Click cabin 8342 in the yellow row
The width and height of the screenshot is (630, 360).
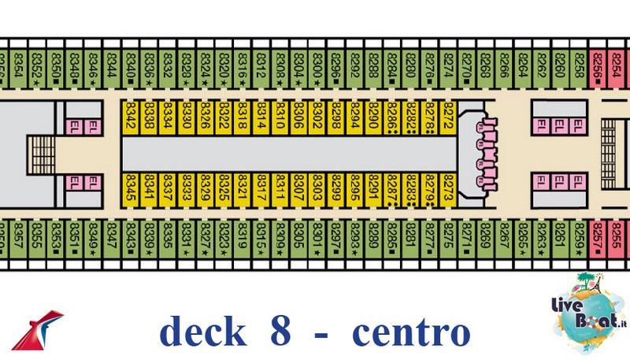tap(131, 117)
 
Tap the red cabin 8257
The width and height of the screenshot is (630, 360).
tap(598, 236)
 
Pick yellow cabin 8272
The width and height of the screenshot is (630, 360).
tap(449, 117)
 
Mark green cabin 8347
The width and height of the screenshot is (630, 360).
tap(111, 236)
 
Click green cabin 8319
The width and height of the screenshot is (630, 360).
tap(243, 236)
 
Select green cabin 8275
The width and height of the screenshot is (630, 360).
tap(449, 236)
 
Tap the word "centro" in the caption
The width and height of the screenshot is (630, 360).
tap(410, 332)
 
